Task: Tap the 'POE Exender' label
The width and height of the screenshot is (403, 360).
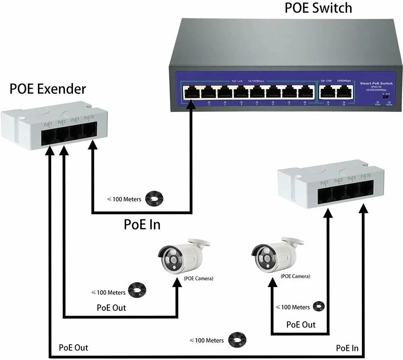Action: pyautogui.click(x=48, y=89)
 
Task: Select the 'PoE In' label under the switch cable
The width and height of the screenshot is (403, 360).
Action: pyautogui.click(x=142, y=224)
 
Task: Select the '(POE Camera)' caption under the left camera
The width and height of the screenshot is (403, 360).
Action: pyautogui.click(x=199, y=279)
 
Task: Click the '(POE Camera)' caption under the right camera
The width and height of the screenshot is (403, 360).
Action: pyautogui.click(x=295, y=276)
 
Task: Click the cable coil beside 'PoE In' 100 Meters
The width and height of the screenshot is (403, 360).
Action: pyautogui.click(x=155, y=198)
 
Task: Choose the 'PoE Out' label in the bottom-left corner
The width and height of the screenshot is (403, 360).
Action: pyautogui.click(x=73, y=348)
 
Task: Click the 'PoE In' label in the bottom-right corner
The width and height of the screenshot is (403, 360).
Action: pyautogui.click(x=347, y=348)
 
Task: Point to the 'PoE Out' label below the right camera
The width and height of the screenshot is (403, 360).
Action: pyautogui.click(x=301, y=325)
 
